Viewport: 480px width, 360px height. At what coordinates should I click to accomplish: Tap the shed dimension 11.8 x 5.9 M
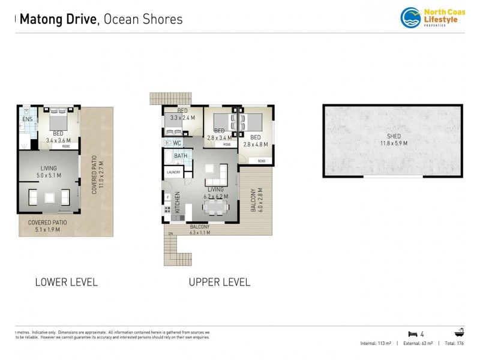(393, 143)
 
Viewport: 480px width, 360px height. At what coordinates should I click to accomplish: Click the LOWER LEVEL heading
(66, 282)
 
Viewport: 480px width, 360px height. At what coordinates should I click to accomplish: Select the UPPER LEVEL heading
(220, 282)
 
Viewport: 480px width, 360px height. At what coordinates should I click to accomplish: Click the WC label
(177, 143)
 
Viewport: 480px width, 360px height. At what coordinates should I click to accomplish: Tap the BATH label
(181, 156)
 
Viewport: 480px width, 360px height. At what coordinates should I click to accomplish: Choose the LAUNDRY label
(173, 173)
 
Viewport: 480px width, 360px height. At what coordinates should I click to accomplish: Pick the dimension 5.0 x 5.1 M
(48, 176)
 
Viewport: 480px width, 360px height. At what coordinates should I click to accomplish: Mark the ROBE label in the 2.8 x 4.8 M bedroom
(262, 161)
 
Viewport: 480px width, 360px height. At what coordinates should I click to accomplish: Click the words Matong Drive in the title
(59, 19)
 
